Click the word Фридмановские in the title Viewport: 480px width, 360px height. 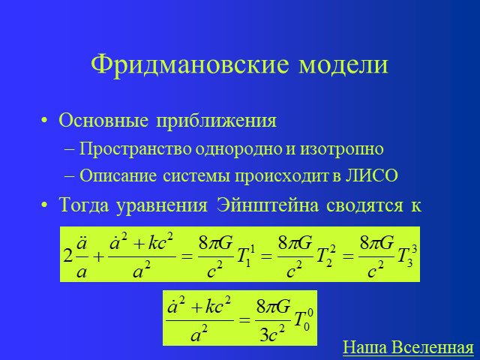tap(190, 65)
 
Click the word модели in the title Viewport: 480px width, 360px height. tap(343, 65)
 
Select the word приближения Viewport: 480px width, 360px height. tap(217, 121)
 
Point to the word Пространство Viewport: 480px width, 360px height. tap(136, 150)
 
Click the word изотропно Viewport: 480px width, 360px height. tap(342, 150)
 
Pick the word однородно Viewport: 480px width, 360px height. tap(239, 150)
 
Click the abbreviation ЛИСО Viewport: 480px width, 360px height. tap(372, 175)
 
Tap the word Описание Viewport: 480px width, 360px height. tap(118, 175)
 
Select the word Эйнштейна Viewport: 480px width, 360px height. tap(268, 205)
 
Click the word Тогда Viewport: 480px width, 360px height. tap(84, 205)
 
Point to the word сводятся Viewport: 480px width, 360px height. tap(364, 205)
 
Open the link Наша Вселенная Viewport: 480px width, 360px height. tap(408, 347)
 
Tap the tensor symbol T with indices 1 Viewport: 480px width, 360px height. tap(244, 256)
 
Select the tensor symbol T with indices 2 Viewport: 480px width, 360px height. tap(324, 256)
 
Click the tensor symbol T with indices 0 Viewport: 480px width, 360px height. tap(304, 321)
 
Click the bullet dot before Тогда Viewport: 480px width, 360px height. tap(44, 205)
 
